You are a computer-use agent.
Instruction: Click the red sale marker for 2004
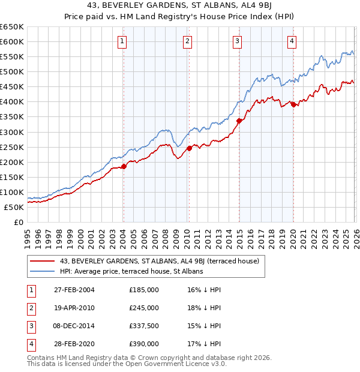[124, 166]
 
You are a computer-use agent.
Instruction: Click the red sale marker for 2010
[189, 148]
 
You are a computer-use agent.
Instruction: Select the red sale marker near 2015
[239, 121]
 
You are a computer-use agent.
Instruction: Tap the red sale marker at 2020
[293, 105]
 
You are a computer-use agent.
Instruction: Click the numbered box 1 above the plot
[122, 41]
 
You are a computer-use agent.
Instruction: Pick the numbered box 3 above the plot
[238, 41]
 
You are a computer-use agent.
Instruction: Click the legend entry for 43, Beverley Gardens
[159, 261]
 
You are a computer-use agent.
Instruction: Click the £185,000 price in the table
[144, 289]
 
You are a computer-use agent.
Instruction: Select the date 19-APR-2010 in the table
[74, 308]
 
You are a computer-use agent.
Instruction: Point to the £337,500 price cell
[144, 326]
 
